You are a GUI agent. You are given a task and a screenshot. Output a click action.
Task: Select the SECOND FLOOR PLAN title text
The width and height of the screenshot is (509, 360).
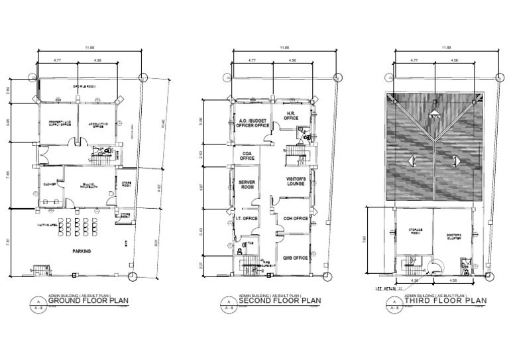coord(280,300)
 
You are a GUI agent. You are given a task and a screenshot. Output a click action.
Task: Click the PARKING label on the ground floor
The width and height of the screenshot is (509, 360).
coord(82,251)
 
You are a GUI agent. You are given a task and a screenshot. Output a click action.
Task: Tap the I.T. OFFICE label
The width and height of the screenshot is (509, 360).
coord(246,218)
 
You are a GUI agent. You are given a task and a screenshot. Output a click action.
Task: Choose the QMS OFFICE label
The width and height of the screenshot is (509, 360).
coord(295,258)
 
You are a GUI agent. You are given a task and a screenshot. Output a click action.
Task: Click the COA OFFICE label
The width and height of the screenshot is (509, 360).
coord(247,156)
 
